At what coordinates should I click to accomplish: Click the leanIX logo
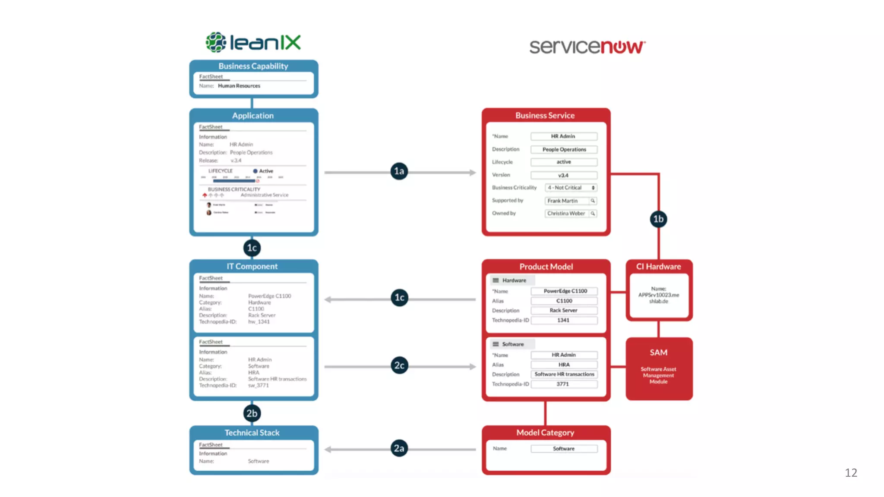253,42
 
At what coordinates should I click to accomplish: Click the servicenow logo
587,47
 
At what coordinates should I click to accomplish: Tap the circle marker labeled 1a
399,171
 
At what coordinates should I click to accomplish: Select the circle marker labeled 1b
658,219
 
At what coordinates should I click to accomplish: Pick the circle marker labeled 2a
399,448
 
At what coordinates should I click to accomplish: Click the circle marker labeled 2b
252,413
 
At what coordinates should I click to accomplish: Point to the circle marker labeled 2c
399,365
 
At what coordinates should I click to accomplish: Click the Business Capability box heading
253,66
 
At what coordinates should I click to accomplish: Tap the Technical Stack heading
252,432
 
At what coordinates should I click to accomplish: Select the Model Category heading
545,432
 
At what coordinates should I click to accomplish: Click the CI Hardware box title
658,267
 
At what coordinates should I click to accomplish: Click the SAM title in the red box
658,352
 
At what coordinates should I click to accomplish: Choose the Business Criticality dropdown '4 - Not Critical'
571,188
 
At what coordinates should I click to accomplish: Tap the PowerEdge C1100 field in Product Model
565,291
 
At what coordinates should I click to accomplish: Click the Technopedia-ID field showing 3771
564,384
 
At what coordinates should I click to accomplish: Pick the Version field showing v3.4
564,175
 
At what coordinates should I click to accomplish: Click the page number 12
851,473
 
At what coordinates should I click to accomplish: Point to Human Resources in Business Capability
239,86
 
